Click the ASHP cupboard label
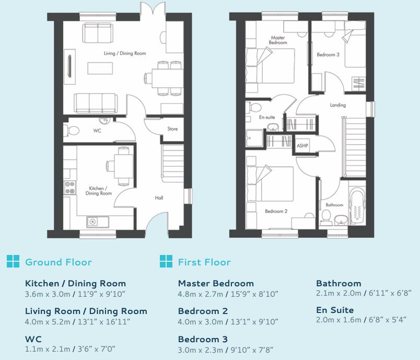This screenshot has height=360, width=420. [302, 146]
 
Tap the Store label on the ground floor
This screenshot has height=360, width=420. [172, 129]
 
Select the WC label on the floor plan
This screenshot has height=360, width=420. [97, 131]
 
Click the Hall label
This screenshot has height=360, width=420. [159, 198]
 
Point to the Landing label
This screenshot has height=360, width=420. [338, 105]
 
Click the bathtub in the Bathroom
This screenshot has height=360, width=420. [358, 205]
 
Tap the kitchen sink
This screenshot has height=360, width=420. [98, 222]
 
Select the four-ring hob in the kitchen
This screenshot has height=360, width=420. [69, 188]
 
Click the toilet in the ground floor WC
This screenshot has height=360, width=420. [72, 131]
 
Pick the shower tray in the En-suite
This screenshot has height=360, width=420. [254, 138]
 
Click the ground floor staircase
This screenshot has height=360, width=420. [173, 164]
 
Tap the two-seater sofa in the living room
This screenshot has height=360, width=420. [98, 33]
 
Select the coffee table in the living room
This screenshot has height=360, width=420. [100, 68]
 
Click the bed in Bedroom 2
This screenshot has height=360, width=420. [270, 184]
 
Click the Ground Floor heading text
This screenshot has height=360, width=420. [59, 262]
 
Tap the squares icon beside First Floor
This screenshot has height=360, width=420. [166, 261]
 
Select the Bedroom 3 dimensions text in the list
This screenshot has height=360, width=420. [226, 350]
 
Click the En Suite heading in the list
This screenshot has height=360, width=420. [335, 310]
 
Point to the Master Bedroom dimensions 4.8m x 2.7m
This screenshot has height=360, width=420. [201, 294]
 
